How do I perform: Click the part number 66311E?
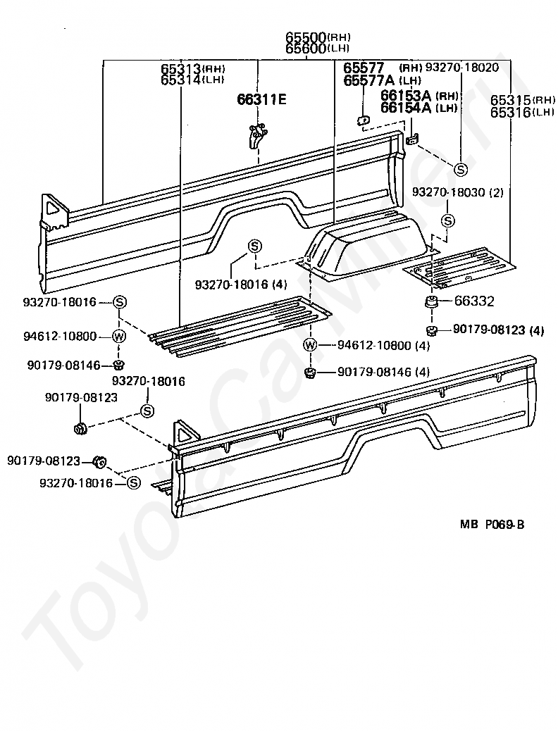pos(261,99)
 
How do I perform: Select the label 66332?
pos(474,301)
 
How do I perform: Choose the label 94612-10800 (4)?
pos(383,345)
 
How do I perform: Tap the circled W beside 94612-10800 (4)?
pos(311,345)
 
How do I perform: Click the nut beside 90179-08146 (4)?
pos(309,372)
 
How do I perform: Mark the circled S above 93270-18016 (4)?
pos(254,246)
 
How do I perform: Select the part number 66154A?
pos(406,107)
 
